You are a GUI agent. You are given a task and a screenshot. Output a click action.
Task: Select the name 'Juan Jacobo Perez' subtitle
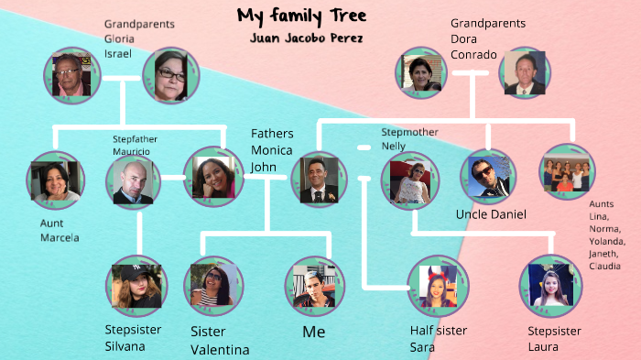point(306,38)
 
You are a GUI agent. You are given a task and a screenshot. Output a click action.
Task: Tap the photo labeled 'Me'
point(314,286)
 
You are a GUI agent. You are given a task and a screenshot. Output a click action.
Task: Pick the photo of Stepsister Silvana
point(136,285)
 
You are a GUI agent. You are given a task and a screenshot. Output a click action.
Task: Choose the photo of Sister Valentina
point(213,286)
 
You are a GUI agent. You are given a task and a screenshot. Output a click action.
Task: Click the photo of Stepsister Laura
point(550,285)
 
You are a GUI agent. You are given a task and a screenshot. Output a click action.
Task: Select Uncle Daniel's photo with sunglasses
point(486,178)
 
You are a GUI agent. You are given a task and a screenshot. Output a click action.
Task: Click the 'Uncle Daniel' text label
point(491,214)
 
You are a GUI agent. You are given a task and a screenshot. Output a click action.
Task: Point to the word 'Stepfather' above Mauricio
point(132,139)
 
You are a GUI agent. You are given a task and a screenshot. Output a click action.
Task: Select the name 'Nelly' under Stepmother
point(393,146)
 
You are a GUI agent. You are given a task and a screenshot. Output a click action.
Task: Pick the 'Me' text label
point(313,331)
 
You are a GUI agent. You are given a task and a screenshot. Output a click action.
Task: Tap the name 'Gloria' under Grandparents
point(119,38)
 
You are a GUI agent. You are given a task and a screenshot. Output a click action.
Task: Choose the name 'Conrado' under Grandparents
point(473,54)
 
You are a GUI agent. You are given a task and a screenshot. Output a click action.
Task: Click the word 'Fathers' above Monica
point(273,134)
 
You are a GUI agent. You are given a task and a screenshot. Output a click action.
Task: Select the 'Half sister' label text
point(439,331)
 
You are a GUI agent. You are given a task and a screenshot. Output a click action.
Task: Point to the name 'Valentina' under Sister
point(220,349)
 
